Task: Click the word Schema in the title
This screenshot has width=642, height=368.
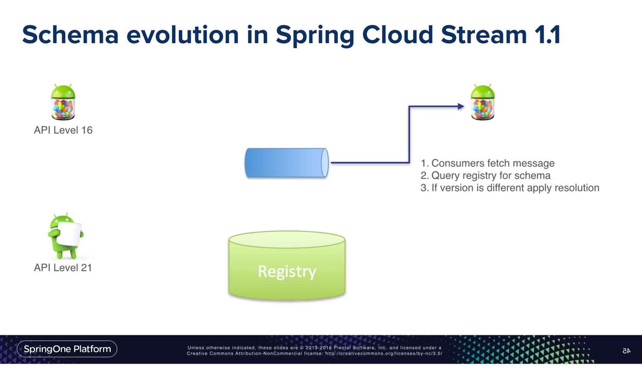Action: pyautogui.click(x=70, y=35)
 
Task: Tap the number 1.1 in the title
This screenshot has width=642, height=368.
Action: pyautogui.click(x=547, y=35)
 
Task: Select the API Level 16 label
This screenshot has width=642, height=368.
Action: pyautogui.click(x=63, y=130)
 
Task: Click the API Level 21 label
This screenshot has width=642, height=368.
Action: pyautogui.click(x=63, y=268)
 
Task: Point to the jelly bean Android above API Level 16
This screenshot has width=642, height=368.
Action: pyautogui.click(x=63, y=102)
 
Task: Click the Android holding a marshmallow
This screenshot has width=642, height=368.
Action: pyautogui.click(x=66, y=236)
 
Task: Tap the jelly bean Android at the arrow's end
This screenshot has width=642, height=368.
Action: pyautogui.click(x=482, y=102)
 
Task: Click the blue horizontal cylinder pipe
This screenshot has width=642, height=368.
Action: pyautogui.click(x=287, y=163)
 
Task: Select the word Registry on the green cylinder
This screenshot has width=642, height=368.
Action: pyautogui.click(x=287, y=271)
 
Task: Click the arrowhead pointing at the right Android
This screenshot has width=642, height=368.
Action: pyautogui.click(x=461, y=107)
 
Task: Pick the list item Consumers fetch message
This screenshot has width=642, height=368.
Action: pyautogui.click(x=487, y=163)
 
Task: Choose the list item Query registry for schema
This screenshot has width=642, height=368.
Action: pyautogui.click(x=485, y=176)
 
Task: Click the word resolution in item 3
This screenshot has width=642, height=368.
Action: pyautogui.click(x=577, y=188)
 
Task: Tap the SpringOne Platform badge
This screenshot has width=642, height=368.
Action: pyautogui.click(x=67, y=349)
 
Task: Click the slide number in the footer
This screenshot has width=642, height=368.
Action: pyautogui.click(x=627, y=351)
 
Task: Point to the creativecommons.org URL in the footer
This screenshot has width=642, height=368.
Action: pyautogui.click(x=384, y=354)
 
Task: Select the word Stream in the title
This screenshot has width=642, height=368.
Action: pyautogui.click(x=484, y=35)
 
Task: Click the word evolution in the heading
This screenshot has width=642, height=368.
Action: pyautogui.click(x=182, y=35)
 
